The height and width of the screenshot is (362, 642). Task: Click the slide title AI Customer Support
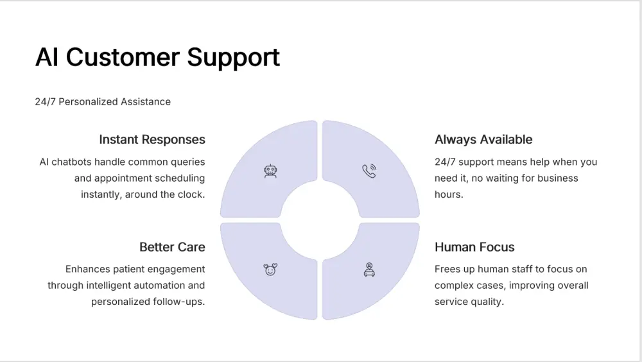click(x=157, y=57)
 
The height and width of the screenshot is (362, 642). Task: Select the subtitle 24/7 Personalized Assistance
click(x=103, y=101)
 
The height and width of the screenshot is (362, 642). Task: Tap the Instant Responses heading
click(x=152, y=140)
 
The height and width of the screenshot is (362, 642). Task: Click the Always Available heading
click(x=483, y=140)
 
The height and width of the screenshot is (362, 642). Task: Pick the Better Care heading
click(x=172, y=247)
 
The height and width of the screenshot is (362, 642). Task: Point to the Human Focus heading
click(x=474, y=247)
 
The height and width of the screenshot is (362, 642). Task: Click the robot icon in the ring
click(x=270, y=171)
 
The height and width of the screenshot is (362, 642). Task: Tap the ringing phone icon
click(x=369, y=171)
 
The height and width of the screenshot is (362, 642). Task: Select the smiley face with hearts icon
click(x=270, y=270)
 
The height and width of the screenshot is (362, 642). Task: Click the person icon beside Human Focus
click(x=369, y=270)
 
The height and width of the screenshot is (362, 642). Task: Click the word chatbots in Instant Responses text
click(x=72, y=162)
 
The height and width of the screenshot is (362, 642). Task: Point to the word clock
click(x=192, y=194)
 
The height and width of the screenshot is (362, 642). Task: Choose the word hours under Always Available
click(x=449, y=194)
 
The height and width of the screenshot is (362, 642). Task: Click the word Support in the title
click(x=234, y=58)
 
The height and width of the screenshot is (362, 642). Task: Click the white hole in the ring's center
click(x=320, y=220)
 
